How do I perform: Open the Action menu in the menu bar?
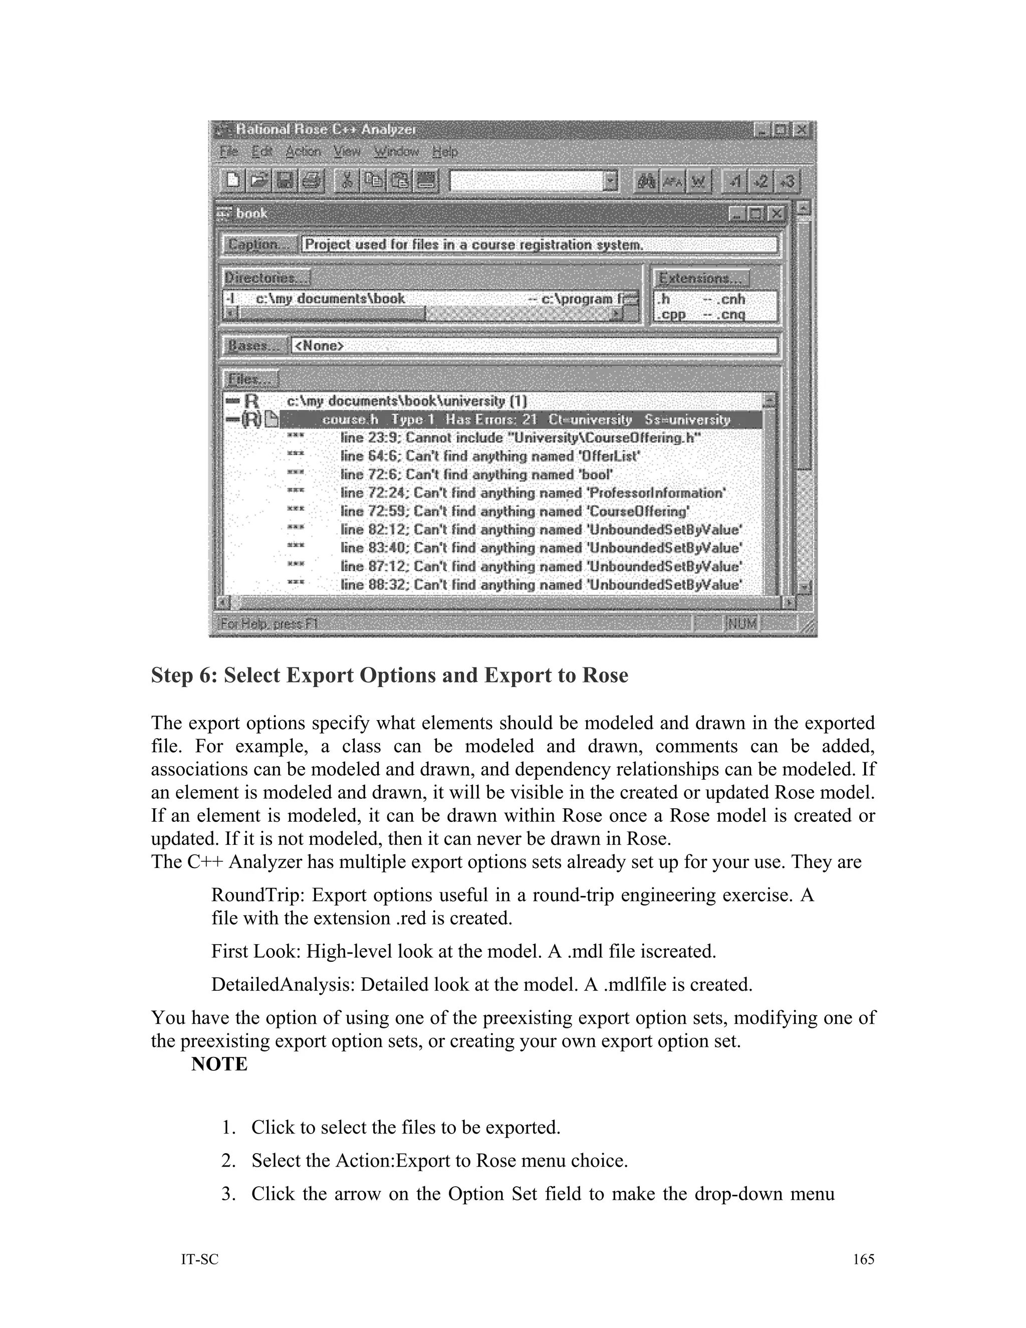[x=303, y=151]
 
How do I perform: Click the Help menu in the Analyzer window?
[x=445, y=151]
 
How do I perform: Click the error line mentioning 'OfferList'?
[x=490, y=456]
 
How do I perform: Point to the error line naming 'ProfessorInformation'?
[x=533, y=493]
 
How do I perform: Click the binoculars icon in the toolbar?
[x=645, y=181]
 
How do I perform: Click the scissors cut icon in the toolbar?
[x=347, y=181]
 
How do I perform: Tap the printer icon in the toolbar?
[x=311, y=181]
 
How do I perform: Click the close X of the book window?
[x=776, y=213]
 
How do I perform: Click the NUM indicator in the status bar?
[x=741, y=623]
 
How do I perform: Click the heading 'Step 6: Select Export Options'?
[x=389, y=676]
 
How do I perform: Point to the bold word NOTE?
[x=219, y=1064]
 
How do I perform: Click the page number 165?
[x=863, y=1259]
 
